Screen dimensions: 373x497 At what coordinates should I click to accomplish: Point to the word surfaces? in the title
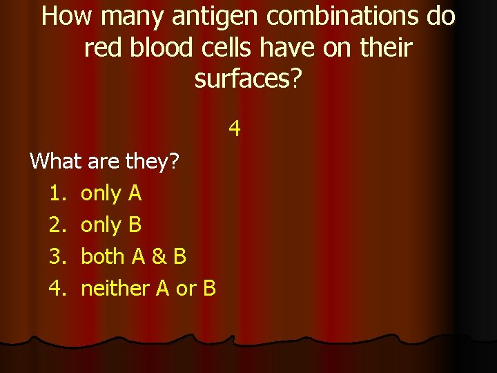tap(248, 79)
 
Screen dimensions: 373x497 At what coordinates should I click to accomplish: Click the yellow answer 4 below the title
tap(235, 128)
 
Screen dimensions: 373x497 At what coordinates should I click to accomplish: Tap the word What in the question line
tap(58, 162)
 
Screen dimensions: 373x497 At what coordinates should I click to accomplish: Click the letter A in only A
tap(135, 193)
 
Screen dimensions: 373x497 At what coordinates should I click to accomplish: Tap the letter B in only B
tap(135, 225)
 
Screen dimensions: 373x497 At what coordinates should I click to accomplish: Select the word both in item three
tap(104, 257)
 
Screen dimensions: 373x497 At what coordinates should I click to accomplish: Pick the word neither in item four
tap(115, 289)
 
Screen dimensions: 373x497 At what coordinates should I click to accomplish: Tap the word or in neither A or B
tap(186, 289)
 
